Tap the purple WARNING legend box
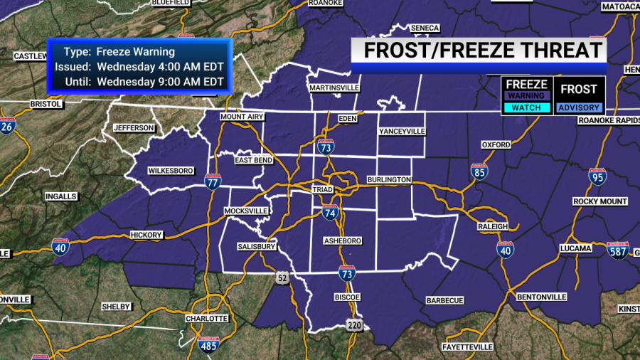[526, 96]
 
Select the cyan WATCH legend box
[526, 108]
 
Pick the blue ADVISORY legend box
[579, 108]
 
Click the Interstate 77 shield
[212, 182]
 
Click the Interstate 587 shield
[617, 250]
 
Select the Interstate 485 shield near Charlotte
[207, 346]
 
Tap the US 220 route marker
[355, 325]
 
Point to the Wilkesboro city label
[171, 171]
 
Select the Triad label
[322, 190]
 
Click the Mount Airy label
[242, 117]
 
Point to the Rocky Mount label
[600, 201]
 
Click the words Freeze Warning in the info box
[135, 52]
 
